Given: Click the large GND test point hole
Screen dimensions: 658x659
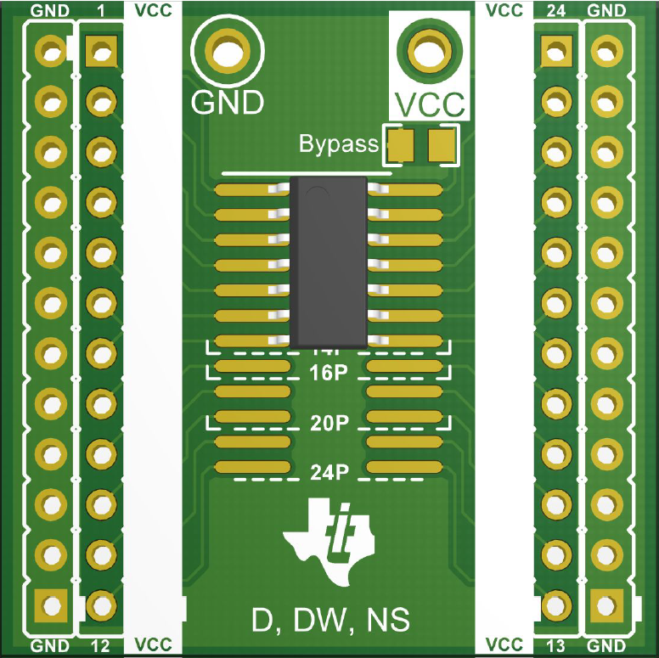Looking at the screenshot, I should [226, 51].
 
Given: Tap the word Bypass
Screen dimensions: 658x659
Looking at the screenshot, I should [338, 144].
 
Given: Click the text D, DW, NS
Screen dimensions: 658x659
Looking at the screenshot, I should [330, 621].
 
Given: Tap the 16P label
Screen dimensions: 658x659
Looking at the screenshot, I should [329, 374].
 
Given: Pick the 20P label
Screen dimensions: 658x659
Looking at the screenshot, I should [329, 423].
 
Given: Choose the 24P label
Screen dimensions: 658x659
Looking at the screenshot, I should [329, 473].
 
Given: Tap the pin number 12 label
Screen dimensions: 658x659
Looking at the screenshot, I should [100, 647].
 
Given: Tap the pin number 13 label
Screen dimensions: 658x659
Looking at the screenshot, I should [556, 647].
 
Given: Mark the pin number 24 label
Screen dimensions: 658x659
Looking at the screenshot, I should [556, 11].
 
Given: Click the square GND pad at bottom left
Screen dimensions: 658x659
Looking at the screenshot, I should [51, 605].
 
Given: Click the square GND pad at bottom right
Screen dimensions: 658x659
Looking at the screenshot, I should [605, 605].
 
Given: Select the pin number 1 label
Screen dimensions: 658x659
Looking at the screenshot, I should [101, 11].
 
